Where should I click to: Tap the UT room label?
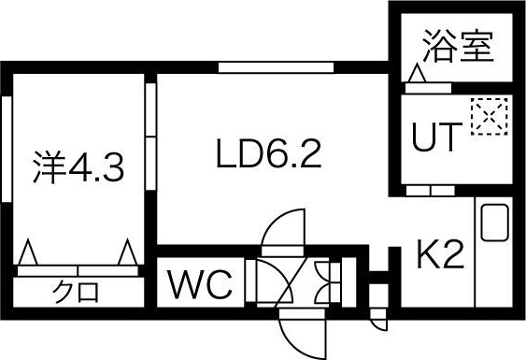coord(436,138)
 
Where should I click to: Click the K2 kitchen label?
coord(439,253)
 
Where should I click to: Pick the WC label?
coord(200,285)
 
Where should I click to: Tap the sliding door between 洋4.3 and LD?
coord(149,140)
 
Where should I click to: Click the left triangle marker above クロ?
coord(28,252)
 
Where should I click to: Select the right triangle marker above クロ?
coord(128,252)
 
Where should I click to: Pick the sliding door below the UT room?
coord(431,191)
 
